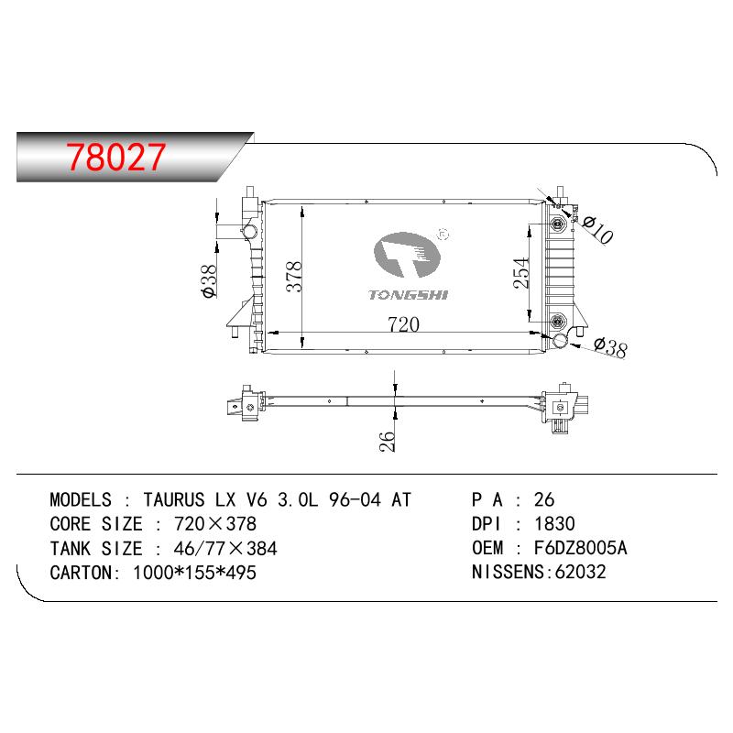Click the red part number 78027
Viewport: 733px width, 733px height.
(116, 157)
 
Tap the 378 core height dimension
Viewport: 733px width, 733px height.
(294, 277)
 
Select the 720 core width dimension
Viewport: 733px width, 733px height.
(403, 324)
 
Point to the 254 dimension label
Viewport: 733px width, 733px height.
(521, 273)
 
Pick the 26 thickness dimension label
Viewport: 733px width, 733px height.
(387, 441)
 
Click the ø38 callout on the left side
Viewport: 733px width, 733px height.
(209, 281)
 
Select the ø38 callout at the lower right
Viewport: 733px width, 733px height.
(610, 348)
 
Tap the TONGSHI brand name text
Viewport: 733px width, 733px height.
(408, 294)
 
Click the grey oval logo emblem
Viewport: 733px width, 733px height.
(407, 255)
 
